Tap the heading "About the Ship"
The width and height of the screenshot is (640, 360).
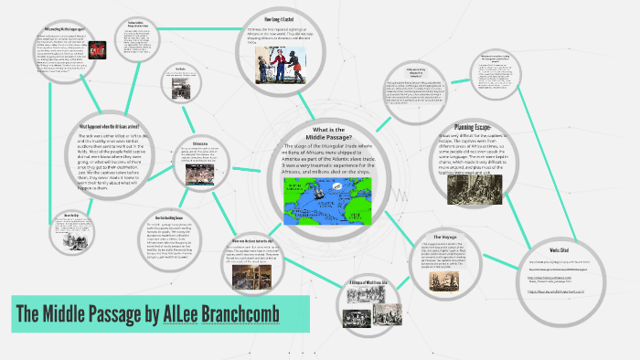click(x=67, y=215)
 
